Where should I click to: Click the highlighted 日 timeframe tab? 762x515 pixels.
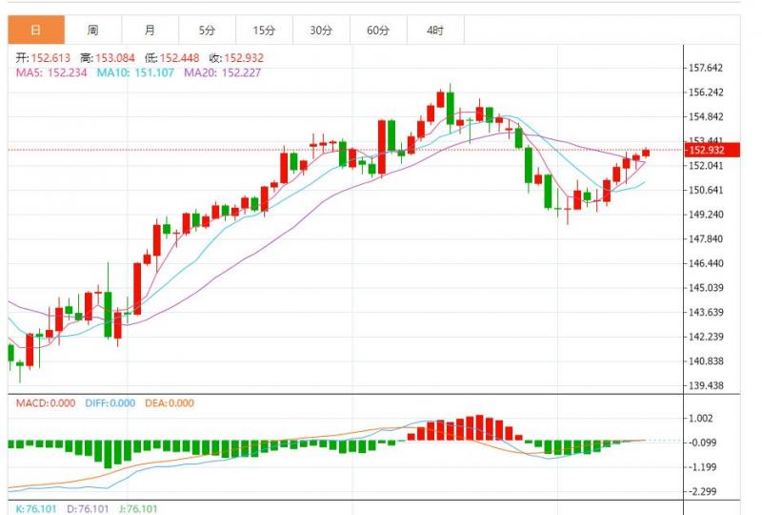(x=36, y=30)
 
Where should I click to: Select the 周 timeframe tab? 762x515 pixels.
(x=91, y=30)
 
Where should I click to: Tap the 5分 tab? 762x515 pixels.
(x=207, y=30)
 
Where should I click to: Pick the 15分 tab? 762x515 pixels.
(x=264, y=30)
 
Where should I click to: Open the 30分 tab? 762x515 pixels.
(x=321, y=30)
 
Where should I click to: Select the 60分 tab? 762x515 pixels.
(x=378, y=30)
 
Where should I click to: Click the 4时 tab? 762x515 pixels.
(x=435, y=30)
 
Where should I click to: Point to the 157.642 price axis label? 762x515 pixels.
(x=706, y=68)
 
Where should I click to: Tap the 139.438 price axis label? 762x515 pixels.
(x=706, y=385)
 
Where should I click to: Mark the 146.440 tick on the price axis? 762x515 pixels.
(x=706, y=263)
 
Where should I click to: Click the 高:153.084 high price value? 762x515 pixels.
(x=110, y=57)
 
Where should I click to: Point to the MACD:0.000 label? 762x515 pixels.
(x=45, y=402)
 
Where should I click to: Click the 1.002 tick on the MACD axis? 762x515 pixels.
(x=700, y=418)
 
